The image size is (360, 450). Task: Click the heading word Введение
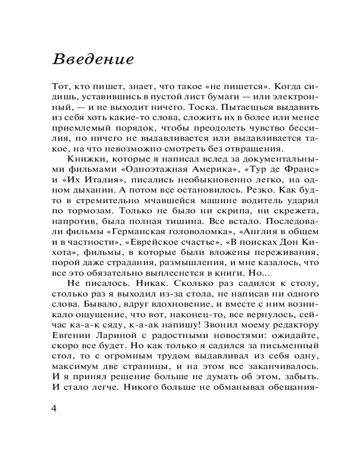tap(93, 59)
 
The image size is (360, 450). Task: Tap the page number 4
tap(54, 409)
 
